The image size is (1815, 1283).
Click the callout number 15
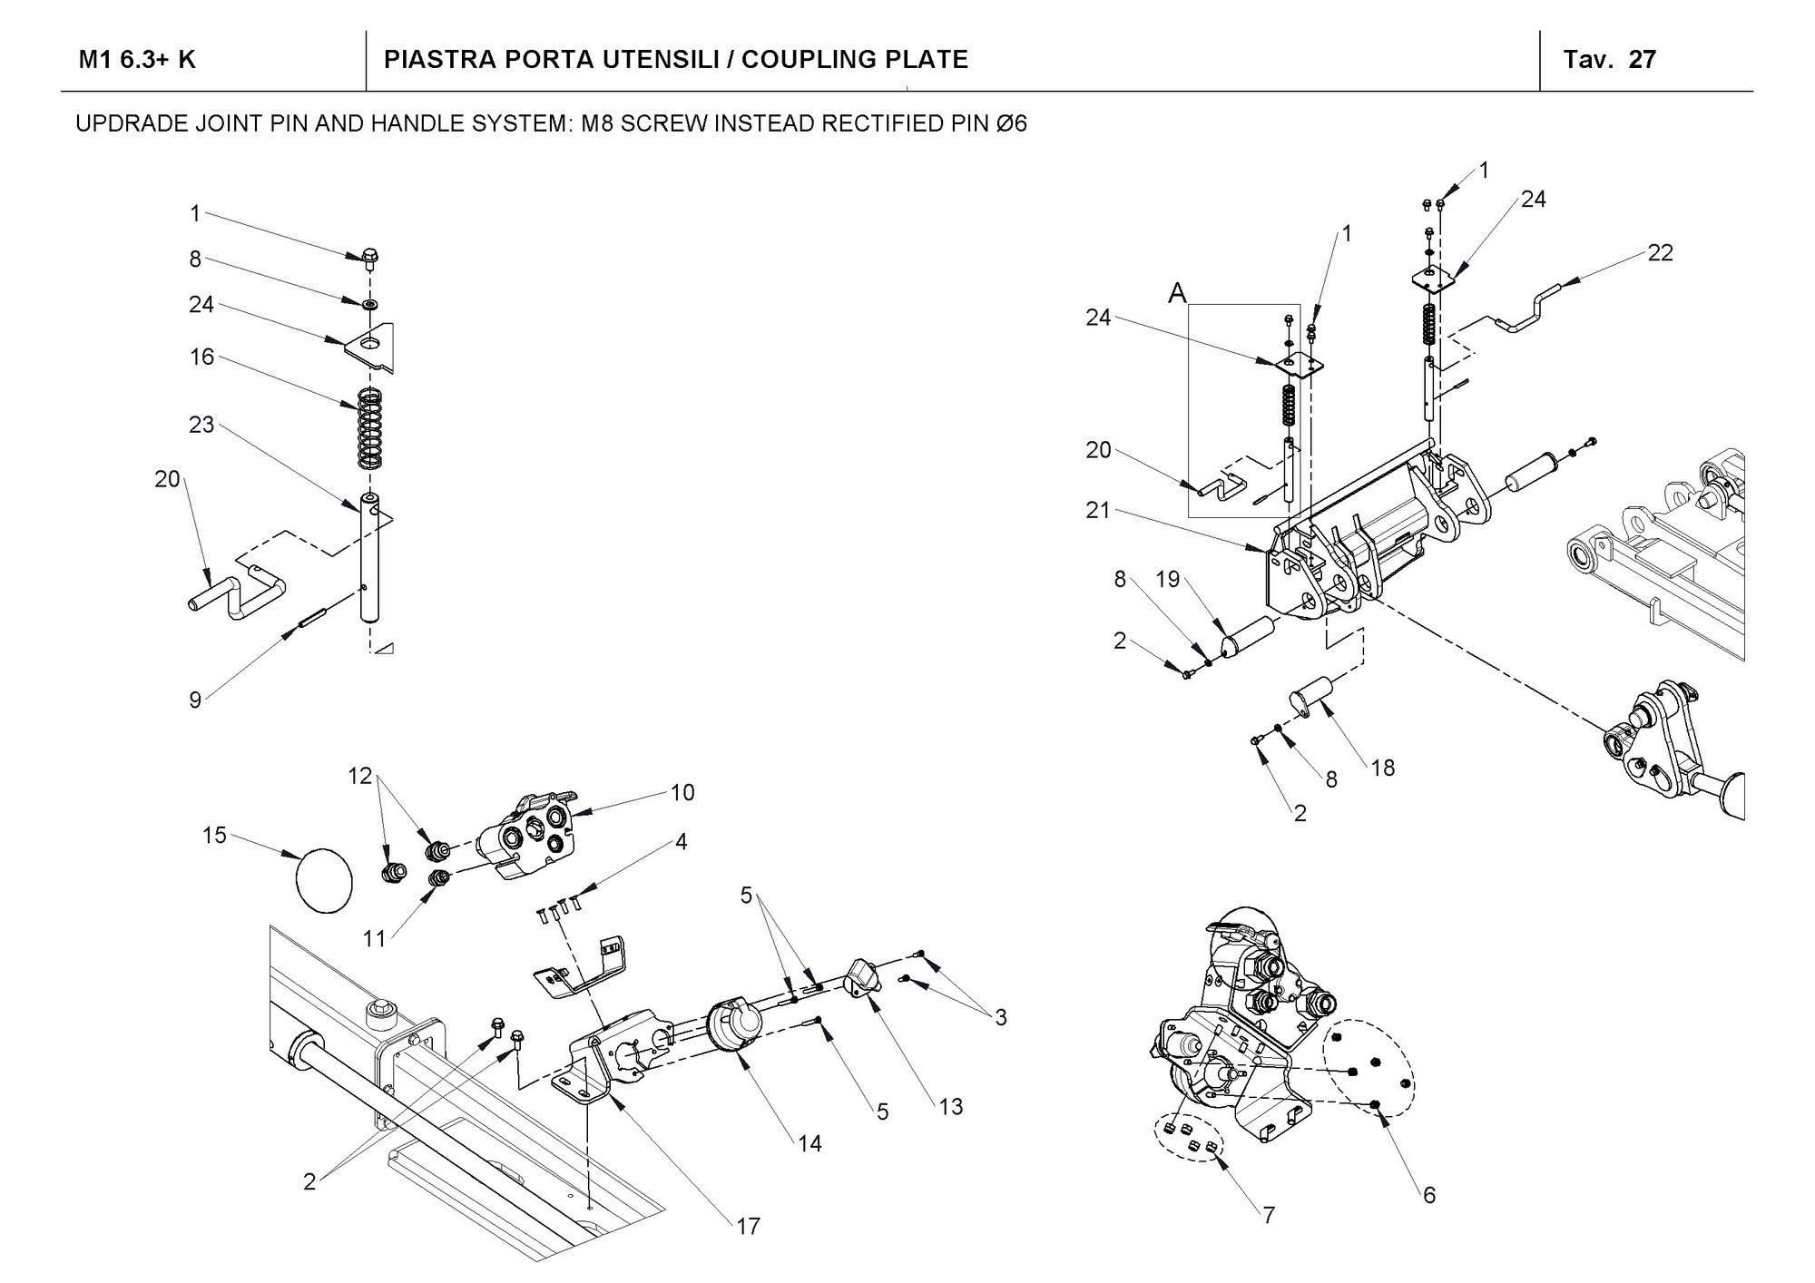click(214, 835)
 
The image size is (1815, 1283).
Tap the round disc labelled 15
click(325, 878)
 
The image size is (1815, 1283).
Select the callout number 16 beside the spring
click(201, 357)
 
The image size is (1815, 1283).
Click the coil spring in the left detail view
click(368, 428)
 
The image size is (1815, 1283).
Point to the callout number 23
click(201, 425)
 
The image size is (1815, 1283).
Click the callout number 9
click(195, 700)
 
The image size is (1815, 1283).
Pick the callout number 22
click(1660, 253)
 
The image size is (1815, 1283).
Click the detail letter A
click(1177, 292)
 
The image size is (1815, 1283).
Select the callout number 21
click(1098, 511)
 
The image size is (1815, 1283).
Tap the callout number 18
click(1382, 768)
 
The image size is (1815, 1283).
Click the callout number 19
click(1168, 579)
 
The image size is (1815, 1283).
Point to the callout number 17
click(748, 1226)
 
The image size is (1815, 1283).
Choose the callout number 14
click(809, 1143)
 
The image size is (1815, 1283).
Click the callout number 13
click(950, 1106)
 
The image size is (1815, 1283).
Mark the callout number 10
click(682, 792)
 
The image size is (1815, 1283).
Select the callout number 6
click(1429, 1195)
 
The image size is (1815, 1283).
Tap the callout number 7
click(1269, 1214)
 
